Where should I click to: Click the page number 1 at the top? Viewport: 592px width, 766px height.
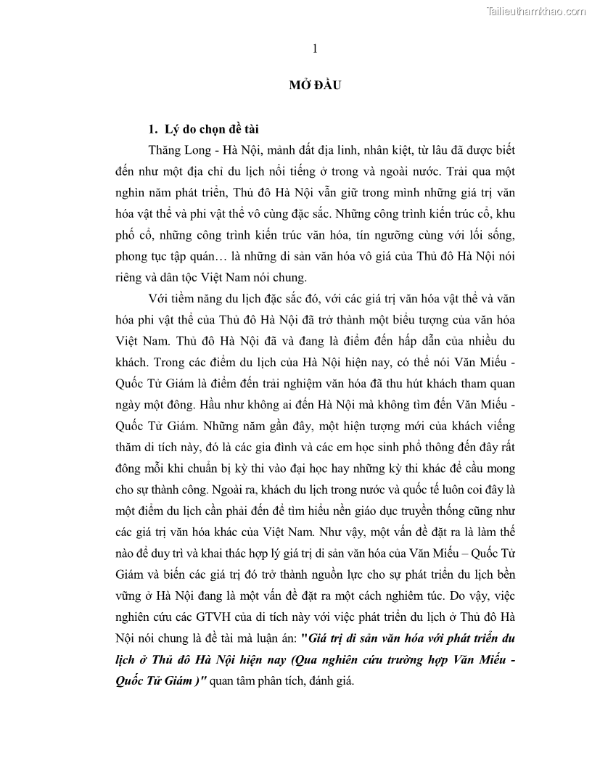coord(314,49)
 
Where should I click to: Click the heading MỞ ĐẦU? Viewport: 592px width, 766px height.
coord(315,86)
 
